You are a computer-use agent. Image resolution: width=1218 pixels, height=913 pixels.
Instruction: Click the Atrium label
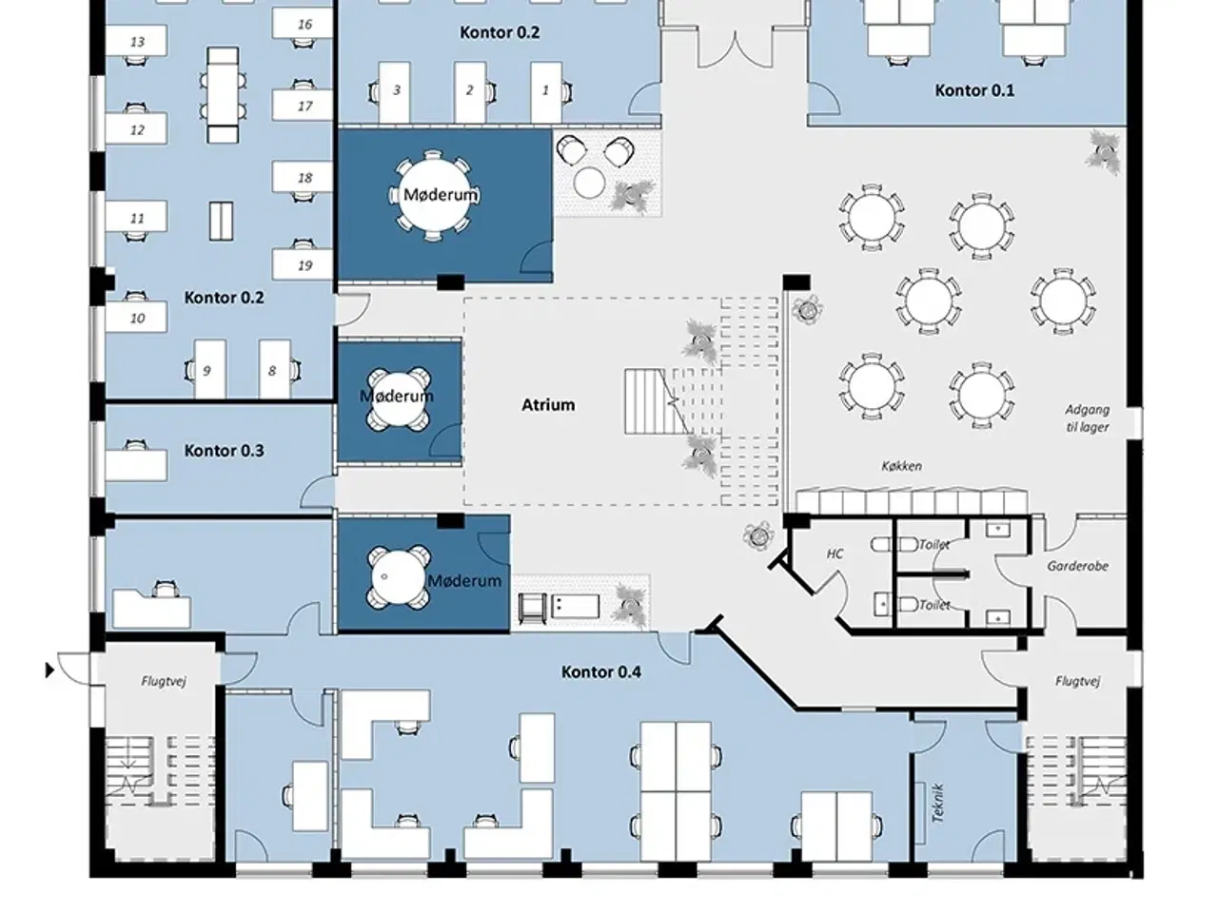[x=548, y=405]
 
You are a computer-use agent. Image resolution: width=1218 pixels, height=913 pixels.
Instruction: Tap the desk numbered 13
[x=136, y=41]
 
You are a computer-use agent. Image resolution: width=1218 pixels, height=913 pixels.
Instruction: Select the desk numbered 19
[x=303, y=265]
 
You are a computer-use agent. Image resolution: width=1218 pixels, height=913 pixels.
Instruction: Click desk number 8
[x=274, y=370]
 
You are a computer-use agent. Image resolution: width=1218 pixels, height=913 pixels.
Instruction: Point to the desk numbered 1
[x=546, y=91]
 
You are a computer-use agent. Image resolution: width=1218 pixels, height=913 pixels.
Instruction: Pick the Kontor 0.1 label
[x=974, y=90]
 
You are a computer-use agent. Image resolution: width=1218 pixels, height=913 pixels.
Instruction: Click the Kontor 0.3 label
[x=225, y=451]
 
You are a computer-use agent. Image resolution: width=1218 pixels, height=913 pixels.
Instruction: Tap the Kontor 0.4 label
[x=601, y=671]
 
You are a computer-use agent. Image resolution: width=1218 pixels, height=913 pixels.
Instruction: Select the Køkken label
[x=902, y=466]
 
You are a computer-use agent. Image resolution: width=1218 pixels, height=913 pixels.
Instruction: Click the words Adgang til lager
[x=1087, y=418]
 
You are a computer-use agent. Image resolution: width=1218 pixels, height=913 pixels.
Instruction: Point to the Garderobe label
[x=1077, y=566]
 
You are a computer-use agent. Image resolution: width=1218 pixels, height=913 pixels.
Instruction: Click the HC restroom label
[x=835, y=554]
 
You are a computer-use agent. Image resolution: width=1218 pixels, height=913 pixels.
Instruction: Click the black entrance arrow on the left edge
[x=49, y=670]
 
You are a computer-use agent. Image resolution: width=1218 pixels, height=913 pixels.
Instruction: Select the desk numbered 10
[x=136, y=317]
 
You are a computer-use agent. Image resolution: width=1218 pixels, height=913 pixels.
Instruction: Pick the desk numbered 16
[x=303, y=24]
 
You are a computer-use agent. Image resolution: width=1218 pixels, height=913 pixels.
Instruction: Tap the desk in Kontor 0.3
[x=136, y=466]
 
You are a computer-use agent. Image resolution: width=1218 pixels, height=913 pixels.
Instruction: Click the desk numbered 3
[x=395, y=91]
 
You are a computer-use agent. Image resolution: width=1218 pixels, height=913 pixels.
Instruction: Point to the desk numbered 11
[x=136, y=216]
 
